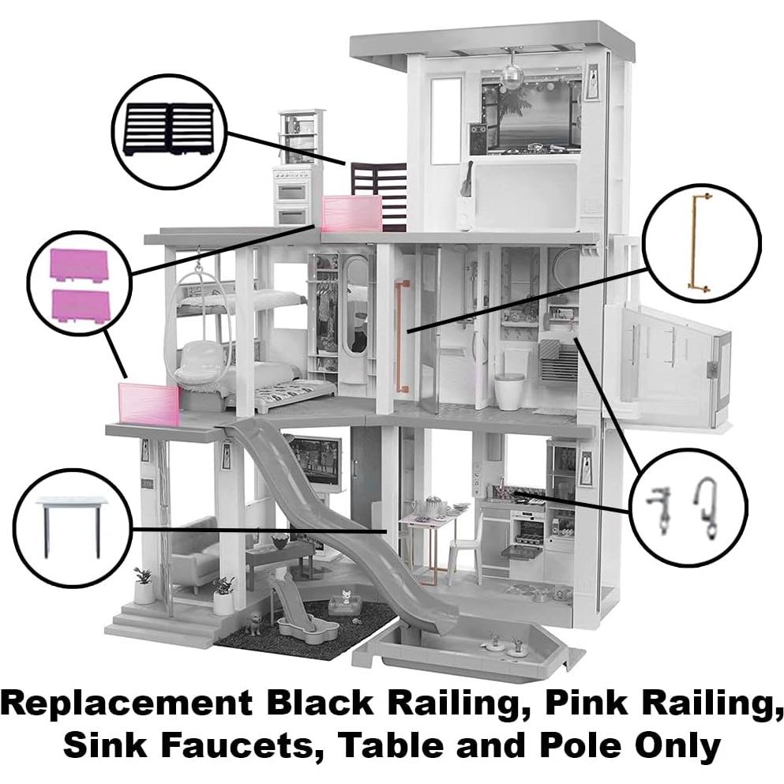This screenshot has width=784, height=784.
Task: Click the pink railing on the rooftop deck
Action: tap(352, 213)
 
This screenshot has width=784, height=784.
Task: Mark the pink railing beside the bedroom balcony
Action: tap(148, 403)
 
